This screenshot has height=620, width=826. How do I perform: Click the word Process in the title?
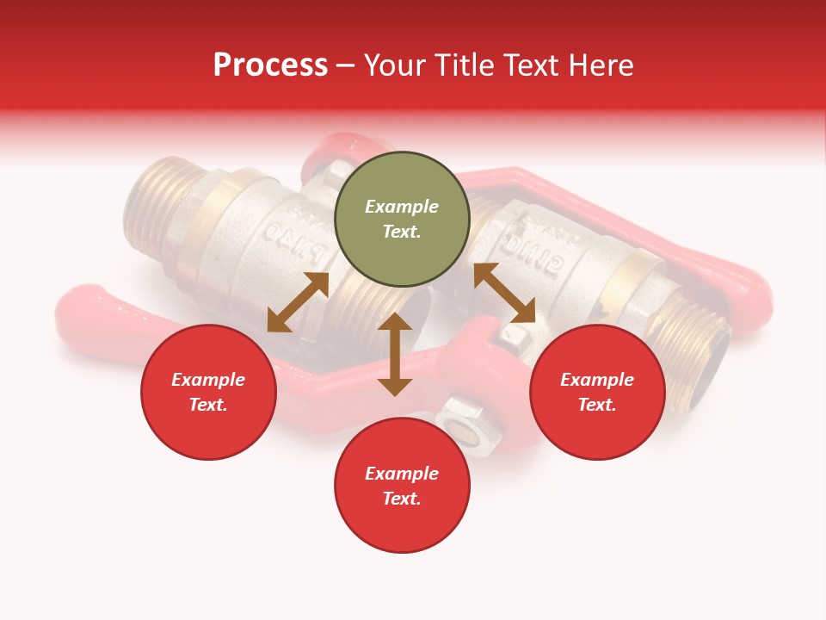click(x=270, y=65)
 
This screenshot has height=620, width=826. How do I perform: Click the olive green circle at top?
click(x=402, y=219)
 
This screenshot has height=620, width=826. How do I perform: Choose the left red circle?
click(x=208, y=392)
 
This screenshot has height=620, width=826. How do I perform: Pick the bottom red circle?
click(x=402, y=486)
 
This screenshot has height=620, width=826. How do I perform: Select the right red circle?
click(x=597, y=392)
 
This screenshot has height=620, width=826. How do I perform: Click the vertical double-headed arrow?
click(x=395, y=354)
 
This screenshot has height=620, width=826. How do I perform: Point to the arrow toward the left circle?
click(x=298, y=302)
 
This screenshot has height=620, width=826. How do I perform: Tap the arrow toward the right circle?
click(x=504, y=293)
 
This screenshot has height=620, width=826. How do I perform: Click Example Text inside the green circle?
click(x=402, y=219)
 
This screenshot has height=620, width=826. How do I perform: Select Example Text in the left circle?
click(x=208, y=392)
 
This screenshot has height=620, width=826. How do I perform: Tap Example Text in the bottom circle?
click(x=402, y=486)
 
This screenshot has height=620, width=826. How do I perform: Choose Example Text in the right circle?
click(x=597, y=392)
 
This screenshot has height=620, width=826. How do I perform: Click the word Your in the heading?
click(x=394, y=65)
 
